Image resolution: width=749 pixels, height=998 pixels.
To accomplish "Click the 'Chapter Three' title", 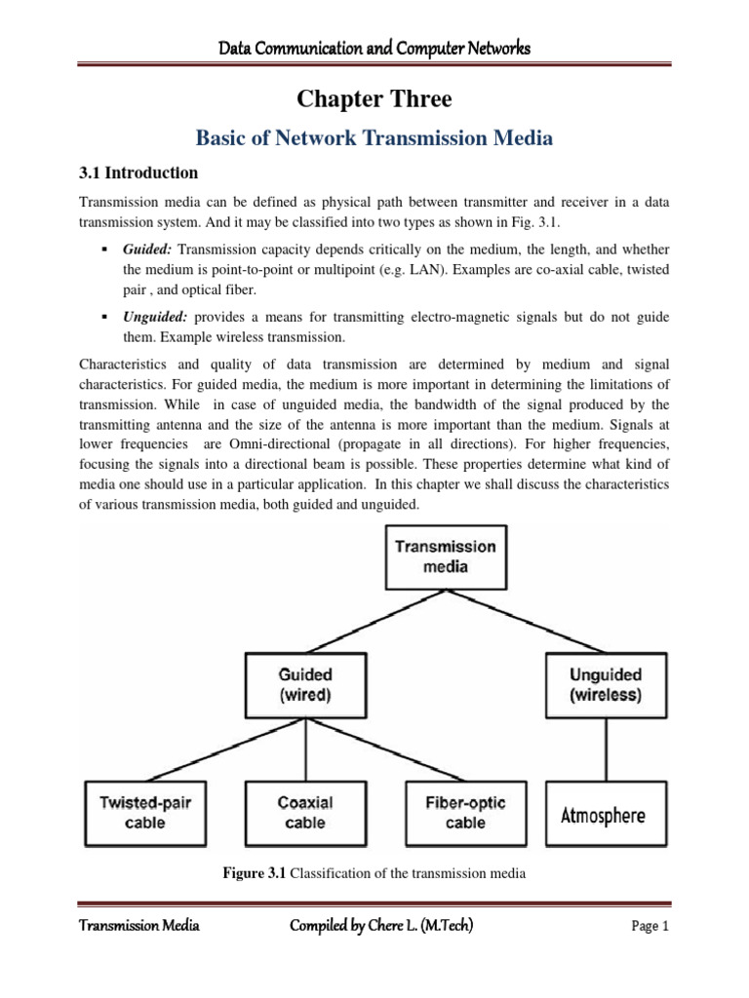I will (x=374, y=99).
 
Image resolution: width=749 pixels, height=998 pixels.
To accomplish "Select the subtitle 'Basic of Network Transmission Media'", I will (x=374, y=138).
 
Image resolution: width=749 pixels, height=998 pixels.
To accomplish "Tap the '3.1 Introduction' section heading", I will (x=138, y=173).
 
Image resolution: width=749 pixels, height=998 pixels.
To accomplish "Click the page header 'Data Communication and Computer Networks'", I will (x=374, y=48).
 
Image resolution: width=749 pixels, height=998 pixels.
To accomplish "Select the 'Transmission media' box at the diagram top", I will (x=445, y=557).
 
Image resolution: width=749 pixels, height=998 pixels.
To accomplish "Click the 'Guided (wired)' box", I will (x=305, y=683).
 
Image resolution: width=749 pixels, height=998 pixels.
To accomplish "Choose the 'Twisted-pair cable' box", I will (x=145, y=813).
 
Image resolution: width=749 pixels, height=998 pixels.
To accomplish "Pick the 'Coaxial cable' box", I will (x=305, y=813).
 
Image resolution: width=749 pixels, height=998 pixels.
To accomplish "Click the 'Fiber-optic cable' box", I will (x=465, y=813).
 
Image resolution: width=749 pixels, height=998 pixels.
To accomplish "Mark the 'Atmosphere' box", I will (x=602, y=814).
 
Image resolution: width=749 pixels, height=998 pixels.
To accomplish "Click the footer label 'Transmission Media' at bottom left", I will (x=138, y=926).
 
